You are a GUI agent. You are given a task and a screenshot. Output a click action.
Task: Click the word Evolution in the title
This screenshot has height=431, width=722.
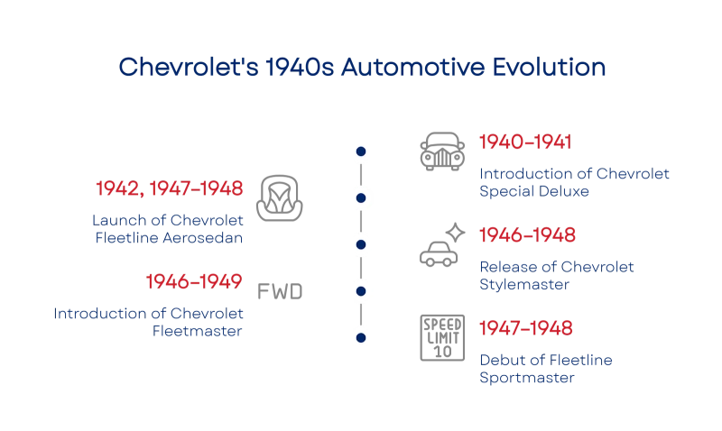pyautogui.click(x=549, y=67)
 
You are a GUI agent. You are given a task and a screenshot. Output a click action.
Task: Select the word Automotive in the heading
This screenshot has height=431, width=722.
pyautogui.click(x=412, y=67)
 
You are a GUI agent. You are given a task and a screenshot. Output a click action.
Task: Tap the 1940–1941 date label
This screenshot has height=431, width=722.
pyautogui.click(x=525, y=142)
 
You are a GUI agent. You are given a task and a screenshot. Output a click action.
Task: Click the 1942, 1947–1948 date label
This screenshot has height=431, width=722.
pyautogui.click(x=170, y=188)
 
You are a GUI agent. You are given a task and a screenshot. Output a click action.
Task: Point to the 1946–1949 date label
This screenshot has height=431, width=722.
pyautogui.click(x=194, y=281)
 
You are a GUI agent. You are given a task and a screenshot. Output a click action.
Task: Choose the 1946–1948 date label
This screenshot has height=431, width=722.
pyautogui.click(x=527, y=235)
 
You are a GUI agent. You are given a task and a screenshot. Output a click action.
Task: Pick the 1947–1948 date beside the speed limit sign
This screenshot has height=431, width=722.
pyautogui.click(x=526, y=328)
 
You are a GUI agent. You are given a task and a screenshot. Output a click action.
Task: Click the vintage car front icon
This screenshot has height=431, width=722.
pyautogui.click(x=442, y=151)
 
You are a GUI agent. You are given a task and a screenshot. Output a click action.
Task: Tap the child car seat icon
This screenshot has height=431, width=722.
pyautogui.click(x=280, y=198)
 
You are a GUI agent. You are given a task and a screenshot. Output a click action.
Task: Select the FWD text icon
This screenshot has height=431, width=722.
pyautogui.click(x=280, y=291)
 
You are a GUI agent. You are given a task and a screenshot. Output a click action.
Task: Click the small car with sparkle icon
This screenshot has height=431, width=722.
pyautogui.click(x=442, y=244)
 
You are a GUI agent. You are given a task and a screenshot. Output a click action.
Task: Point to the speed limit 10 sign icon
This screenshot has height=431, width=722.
pyautogui.click(x=442, y=338)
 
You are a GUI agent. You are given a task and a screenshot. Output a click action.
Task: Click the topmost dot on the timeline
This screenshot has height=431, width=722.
pyautogui.click(x=361, y=151)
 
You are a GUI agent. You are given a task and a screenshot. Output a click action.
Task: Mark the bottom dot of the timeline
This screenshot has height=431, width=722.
pyautogui.click(x=361, y=338)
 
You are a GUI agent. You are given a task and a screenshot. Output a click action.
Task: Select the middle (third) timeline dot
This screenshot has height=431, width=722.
pyautogui.click(x=361, y=244)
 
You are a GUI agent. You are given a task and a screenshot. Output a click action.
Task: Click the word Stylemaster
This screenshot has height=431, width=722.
pyautogui.click(x=524, y=285)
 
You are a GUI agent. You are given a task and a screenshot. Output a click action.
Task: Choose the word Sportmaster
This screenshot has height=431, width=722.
pyautogui.click(x=527, y=378)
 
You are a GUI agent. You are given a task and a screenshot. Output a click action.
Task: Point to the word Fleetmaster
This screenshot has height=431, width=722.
pyautogui.click(x=197, y=331)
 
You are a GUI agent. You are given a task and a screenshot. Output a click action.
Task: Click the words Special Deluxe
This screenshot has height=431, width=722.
pyautogui.click(x=534, y=191)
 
